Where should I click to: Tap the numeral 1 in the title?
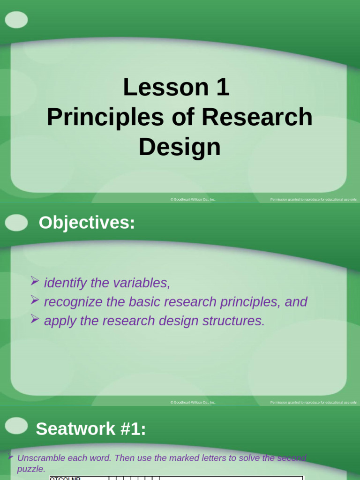223,88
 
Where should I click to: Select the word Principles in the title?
99,118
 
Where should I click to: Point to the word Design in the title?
180,147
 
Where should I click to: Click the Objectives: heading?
87,223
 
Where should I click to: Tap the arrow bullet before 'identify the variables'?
35,281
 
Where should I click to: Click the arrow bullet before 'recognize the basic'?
35,300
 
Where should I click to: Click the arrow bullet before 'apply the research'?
35,319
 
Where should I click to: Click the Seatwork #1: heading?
91,428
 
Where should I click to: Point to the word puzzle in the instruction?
31,469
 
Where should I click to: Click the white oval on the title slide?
16,20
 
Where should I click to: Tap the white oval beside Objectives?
16,223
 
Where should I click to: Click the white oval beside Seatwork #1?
16,426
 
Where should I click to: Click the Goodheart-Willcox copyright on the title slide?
193,200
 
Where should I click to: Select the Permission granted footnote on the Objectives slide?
314,403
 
